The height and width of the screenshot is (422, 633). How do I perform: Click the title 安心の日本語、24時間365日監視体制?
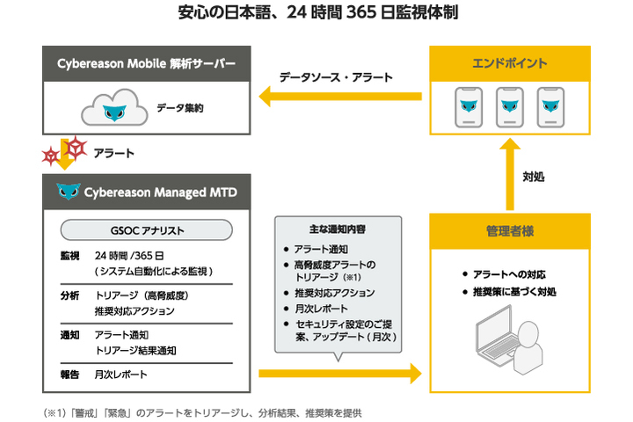(316, 13)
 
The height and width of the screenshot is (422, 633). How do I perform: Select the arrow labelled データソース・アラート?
(335, 96)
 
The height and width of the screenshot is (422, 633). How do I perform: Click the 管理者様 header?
(509, 231)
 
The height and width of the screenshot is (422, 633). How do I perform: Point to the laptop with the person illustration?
(510, 348)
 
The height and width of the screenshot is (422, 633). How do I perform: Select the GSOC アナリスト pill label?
(147, 230)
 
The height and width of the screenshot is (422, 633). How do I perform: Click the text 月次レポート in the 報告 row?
(120, 374)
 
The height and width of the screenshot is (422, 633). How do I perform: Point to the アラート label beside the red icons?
(113, 152)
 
